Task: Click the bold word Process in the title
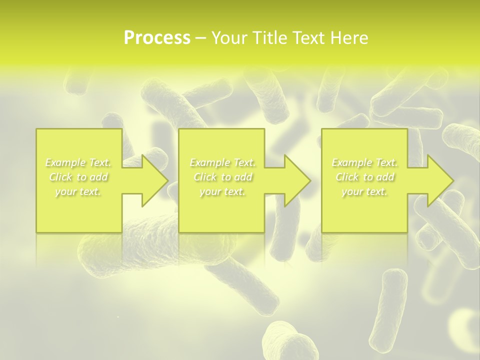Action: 157,38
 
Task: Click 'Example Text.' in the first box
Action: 78,162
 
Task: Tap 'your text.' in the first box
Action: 78,191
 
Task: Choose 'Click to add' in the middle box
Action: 222,177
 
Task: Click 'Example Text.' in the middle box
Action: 222,162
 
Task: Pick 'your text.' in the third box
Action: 364,191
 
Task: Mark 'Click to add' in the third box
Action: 364,177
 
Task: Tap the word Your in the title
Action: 228,38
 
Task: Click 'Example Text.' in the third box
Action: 364,162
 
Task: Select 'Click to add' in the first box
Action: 78,177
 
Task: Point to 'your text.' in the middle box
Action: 222,191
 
